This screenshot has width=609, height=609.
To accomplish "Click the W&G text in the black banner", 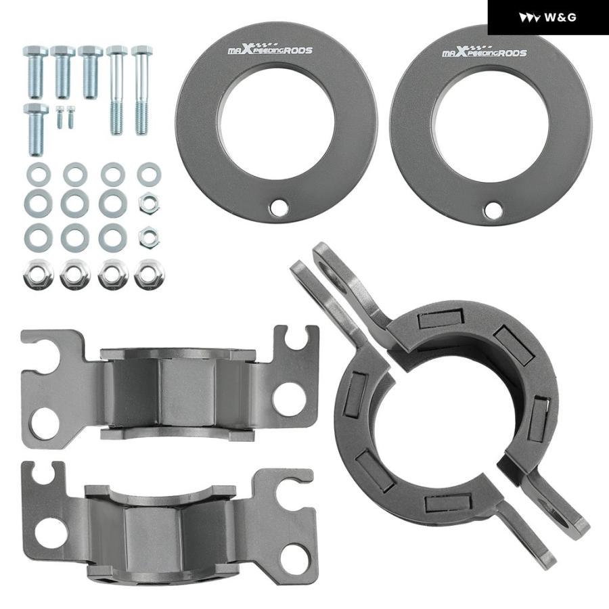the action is coord(560,18).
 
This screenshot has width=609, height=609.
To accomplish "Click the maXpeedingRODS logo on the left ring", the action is coord(269,49).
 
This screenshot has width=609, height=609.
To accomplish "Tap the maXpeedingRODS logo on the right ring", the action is coord(484,51).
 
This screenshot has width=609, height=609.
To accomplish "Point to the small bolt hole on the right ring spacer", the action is coord(493,210).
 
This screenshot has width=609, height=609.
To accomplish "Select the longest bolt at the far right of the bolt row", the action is coord(142,90).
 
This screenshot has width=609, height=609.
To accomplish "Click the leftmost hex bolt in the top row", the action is coord(35,72).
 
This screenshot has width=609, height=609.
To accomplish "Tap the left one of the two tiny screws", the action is coord(60,117).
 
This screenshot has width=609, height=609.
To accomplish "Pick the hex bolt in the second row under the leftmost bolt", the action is coord(36,129).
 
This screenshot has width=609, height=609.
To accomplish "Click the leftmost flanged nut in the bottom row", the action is coord(38,274).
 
